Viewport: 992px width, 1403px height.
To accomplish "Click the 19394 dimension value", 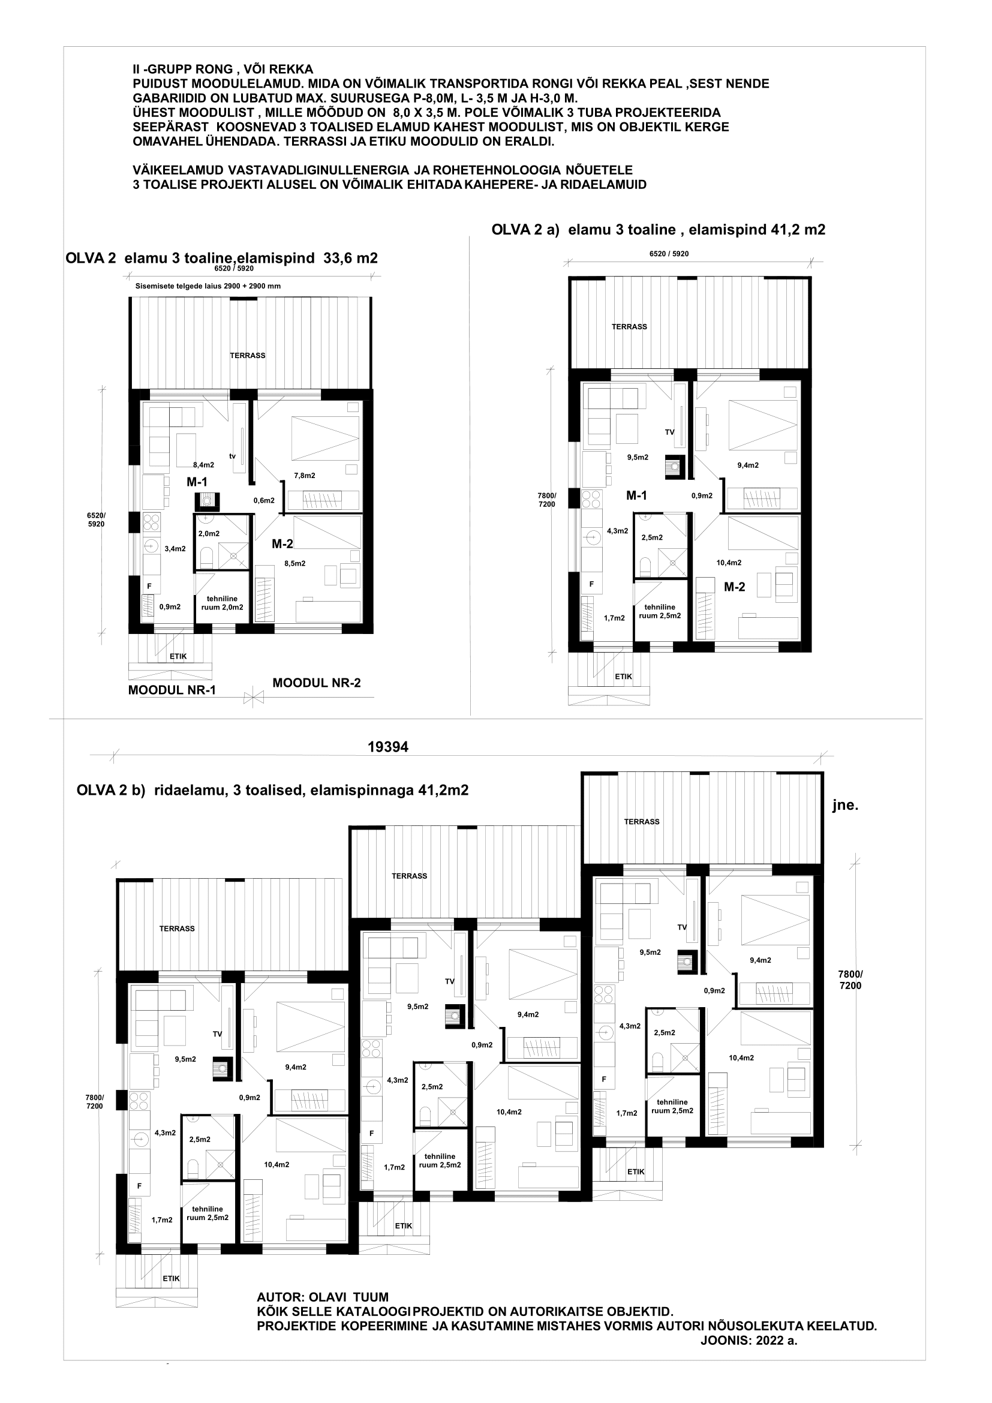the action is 388,746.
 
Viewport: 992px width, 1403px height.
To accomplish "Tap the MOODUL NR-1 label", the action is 172,690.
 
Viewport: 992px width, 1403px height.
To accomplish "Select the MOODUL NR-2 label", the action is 317,683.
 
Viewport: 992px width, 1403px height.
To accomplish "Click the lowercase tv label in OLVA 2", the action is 232,456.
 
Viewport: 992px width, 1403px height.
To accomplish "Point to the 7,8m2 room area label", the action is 305,476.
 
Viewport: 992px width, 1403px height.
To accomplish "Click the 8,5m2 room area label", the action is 295,563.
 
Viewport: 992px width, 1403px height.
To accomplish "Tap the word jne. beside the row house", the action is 846,806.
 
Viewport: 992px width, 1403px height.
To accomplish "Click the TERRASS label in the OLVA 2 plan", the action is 247,355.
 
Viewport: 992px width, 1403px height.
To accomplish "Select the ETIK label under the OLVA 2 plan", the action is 178,656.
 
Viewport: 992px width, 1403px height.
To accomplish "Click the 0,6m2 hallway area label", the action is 264,500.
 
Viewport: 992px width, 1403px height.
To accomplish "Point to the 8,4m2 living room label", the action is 203,464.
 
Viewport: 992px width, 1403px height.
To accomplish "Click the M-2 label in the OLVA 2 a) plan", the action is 734,587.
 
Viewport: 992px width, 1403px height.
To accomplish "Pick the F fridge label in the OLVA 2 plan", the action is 148,586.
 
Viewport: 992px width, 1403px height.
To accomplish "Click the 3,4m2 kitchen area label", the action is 175,549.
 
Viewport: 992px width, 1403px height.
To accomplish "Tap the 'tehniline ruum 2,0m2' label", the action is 223,603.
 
